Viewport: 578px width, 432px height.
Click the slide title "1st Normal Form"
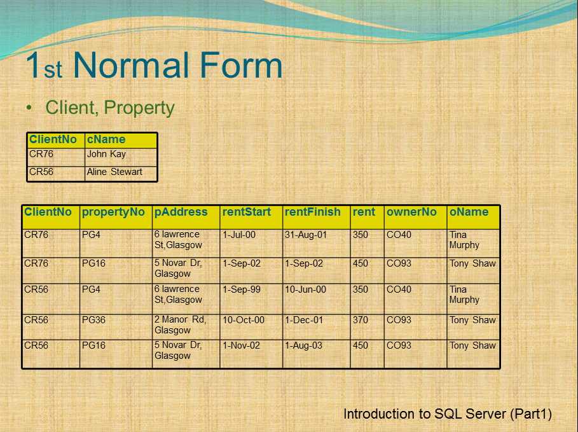[x=153, y=66]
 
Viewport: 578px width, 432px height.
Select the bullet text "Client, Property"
[x=109, y=108]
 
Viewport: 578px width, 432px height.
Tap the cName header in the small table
[x=106, y=140]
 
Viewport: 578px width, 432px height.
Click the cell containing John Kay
[x=106, y=154]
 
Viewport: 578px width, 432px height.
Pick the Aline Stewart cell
[x=114, y=172]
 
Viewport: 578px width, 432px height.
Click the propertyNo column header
[x=113, y=213]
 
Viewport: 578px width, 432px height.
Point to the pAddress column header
[x=181, y=213]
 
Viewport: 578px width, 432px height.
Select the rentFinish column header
[x=313, y=213]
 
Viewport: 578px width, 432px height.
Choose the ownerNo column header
[x=411, y=213]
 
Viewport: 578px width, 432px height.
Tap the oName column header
[x=469, y=213]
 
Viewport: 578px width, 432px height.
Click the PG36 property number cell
[x=93, y=320]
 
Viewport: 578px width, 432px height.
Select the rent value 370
[x=361, y=320]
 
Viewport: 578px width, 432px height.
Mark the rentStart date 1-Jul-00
[x=239, y=235]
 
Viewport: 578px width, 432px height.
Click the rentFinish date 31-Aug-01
[x=306, y=235]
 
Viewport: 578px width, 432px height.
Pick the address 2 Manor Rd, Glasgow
[x=180, y=325]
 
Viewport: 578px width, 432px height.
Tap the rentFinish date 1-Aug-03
[x=303, y=345]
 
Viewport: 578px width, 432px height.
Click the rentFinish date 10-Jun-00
[x=305, y=289]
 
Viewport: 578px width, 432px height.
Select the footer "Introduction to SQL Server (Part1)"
[x=448, y=414]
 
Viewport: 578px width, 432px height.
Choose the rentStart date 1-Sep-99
[x=242, y=289]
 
